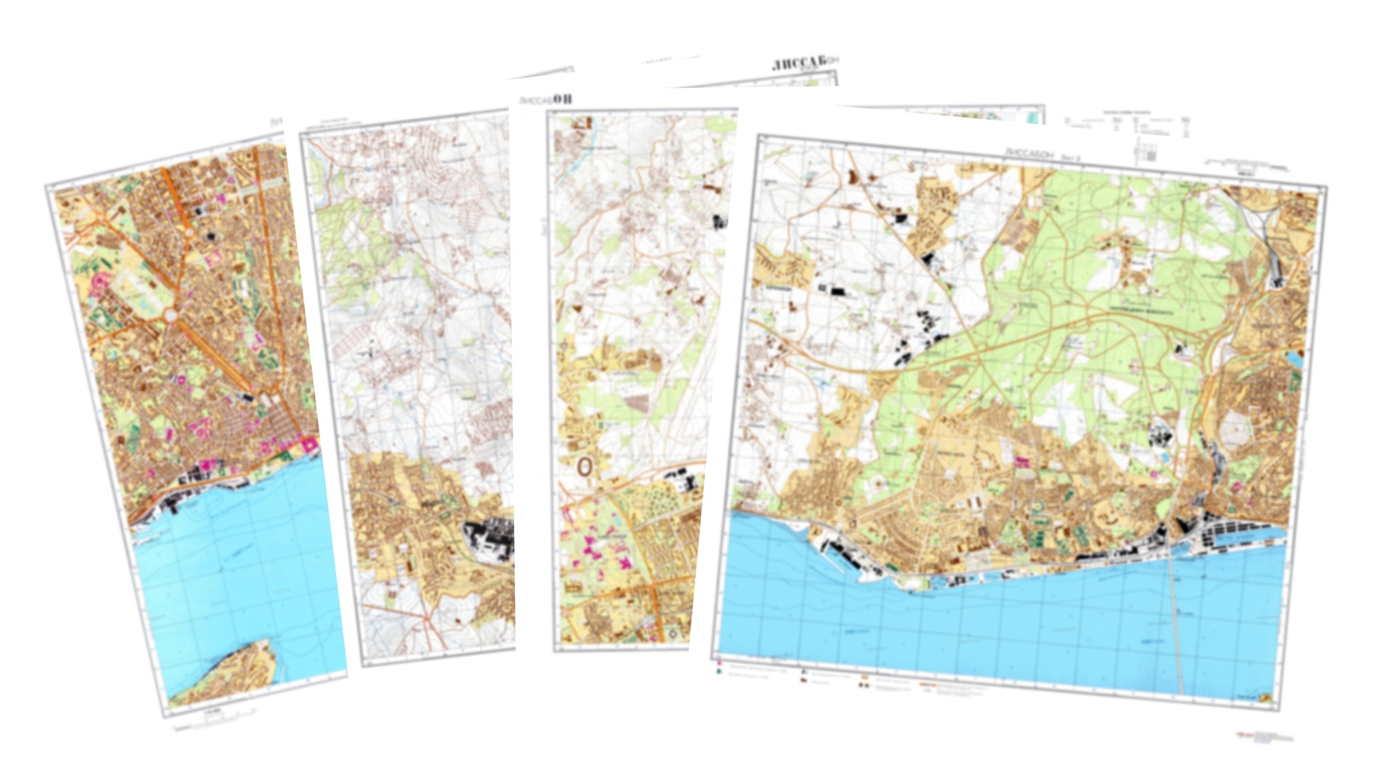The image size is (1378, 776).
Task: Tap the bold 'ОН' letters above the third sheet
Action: point(562,99)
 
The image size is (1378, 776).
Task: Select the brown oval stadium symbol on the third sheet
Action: point(584,466)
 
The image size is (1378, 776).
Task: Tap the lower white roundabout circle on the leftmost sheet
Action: point(172,315)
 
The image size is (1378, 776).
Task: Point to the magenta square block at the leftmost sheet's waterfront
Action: point(309,445)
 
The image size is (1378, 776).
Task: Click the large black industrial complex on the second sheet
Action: point(489,539)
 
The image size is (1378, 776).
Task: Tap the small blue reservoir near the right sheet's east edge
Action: point(1294,359)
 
